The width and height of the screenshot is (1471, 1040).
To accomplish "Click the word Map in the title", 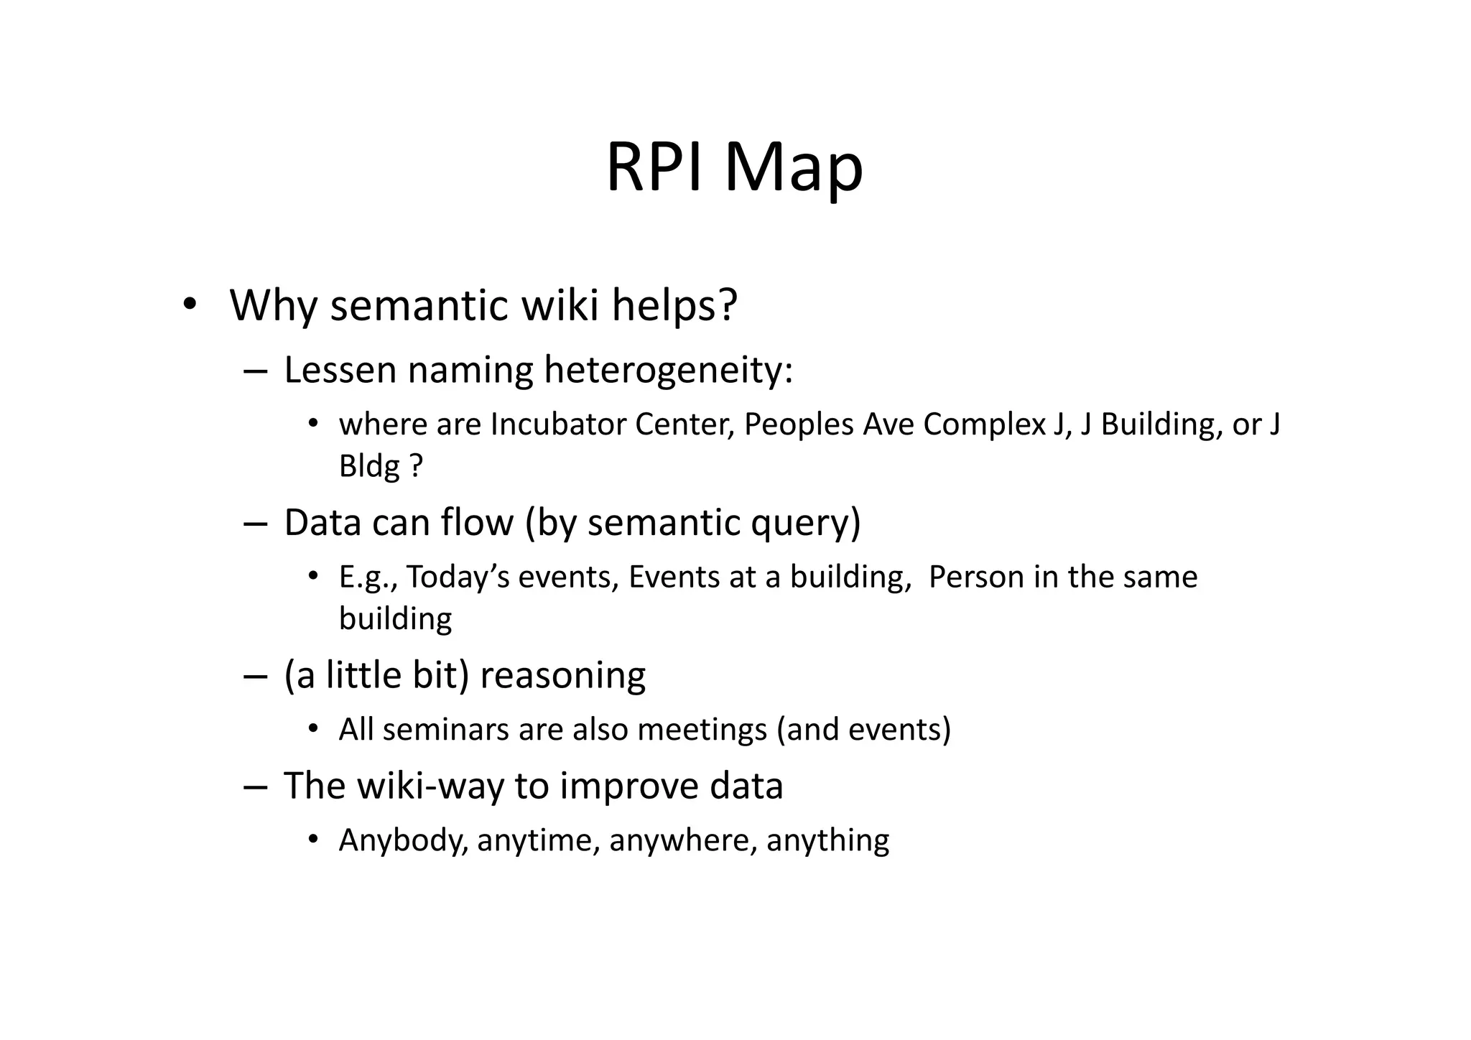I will (793, 168).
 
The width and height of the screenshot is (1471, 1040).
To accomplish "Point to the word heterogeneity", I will (668, 371).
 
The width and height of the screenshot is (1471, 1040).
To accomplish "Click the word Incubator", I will (558, 424).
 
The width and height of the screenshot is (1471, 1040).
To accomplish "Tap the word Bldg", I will (369, 466).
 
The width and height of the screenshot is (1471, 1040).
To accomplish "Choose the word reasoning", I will (562, 676).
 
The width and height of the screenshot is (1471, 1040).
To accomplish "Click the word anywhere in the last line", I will (683, 840).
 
